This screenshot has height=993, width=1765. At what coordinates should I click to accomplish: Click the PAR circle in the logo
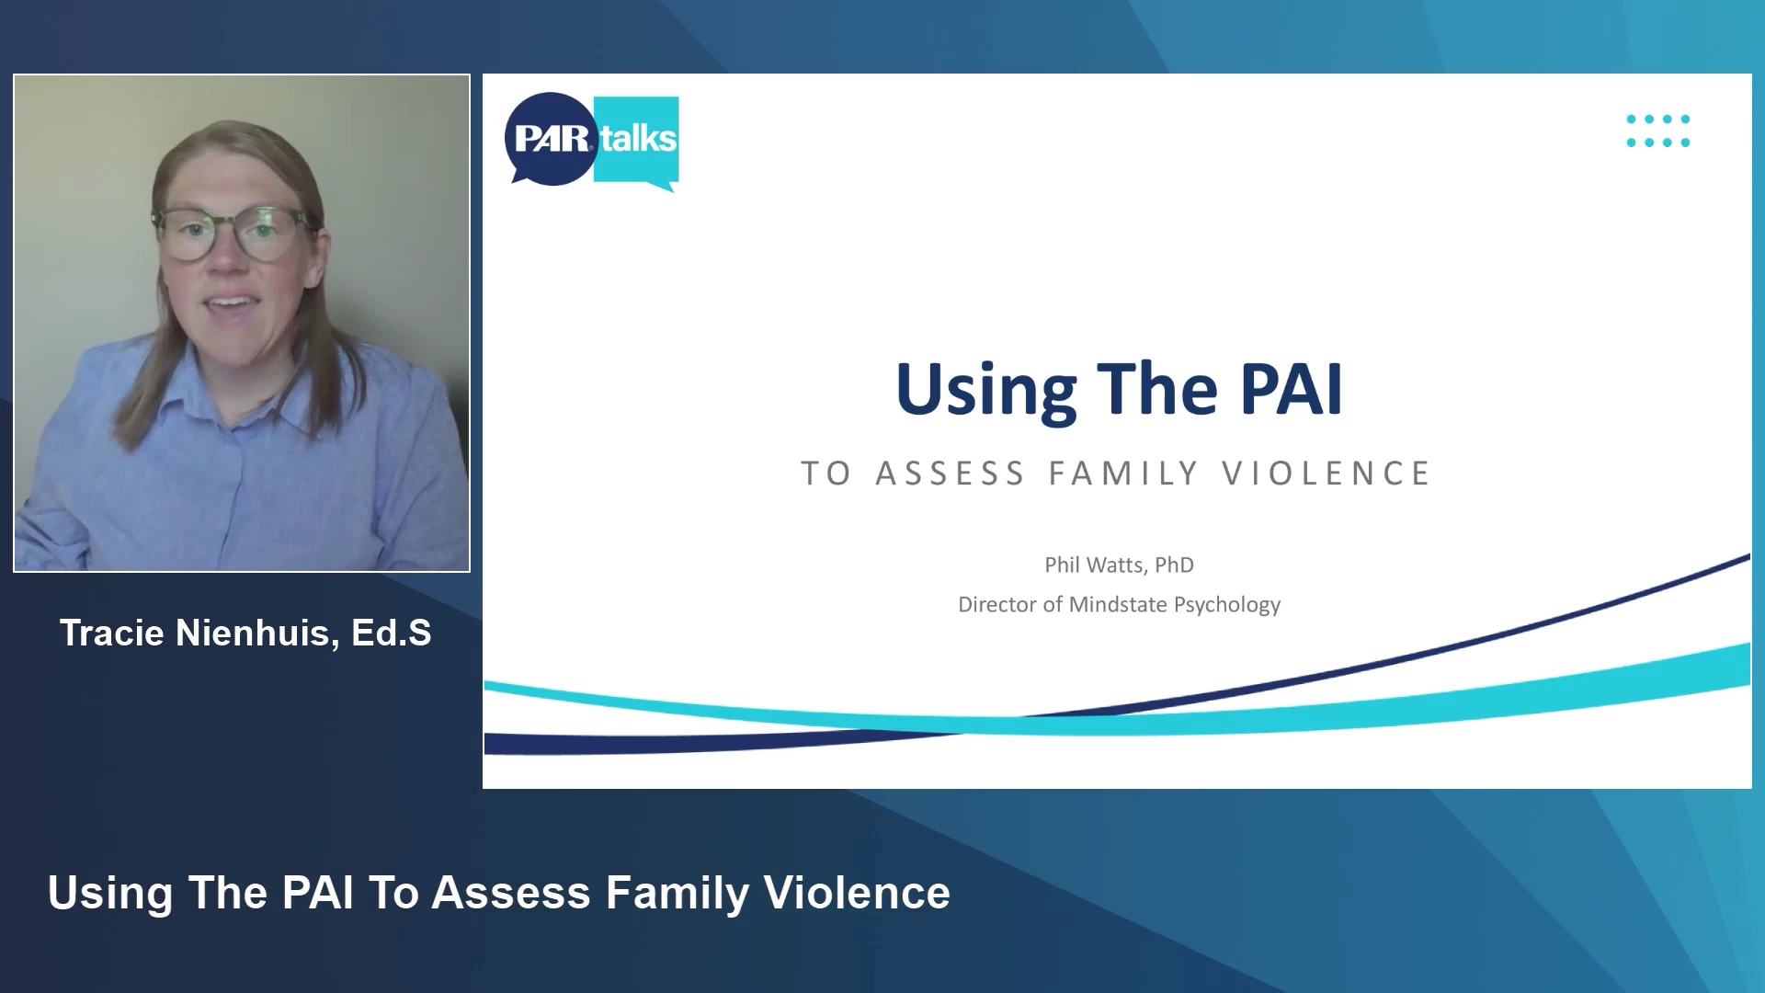pyautogui.click(x=551, y=138)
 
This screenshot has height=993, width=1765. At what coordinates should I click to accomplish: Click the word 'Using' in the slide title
pyautogui.click(x=985, y=392)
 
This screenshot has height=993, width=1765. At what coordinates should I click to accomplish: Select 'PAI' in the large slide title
pyautogui.click(x=1292, y=389)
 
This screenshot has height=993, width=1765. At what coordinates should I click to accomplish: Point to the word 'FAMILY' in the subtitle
pyautogui.click(x=1124, y=474)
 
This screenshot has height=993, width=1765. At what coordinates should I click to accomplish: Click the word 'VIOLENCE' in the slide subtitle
pyautogui.click(x=1327, y=474)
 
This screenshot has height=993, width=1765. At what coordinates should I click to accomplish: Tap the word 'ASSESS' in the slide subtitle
pyautogui.click(x=951, y=474)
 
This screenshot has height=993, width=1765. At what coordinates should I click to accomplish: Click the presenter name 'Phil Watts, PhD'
pyautogui.click(x=1119, y=565)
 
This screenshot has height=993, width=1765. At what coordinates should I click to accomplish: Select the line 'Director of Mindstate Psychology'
pyautogui.click(x=1119, y=604)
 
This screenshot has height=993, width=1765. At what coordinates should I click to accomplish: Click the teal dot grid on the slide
pyautogui.click(x=1658, y=131)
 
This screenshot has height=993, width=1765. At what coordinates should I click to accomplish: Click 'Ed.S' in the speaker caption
pyautogui.click(x=391, y=633)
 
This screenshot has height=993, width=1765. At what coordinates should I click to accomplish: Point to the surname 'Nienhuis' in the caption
pyautogui.click(x=257, y=633)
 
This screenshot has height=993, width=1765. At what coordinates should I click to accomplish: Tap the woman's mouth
pyautogui.click(x=232, y=303)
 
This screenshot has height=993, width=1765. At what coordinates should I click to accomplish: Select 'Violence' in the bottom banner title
pyautogui.click(x=857, y=893)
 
